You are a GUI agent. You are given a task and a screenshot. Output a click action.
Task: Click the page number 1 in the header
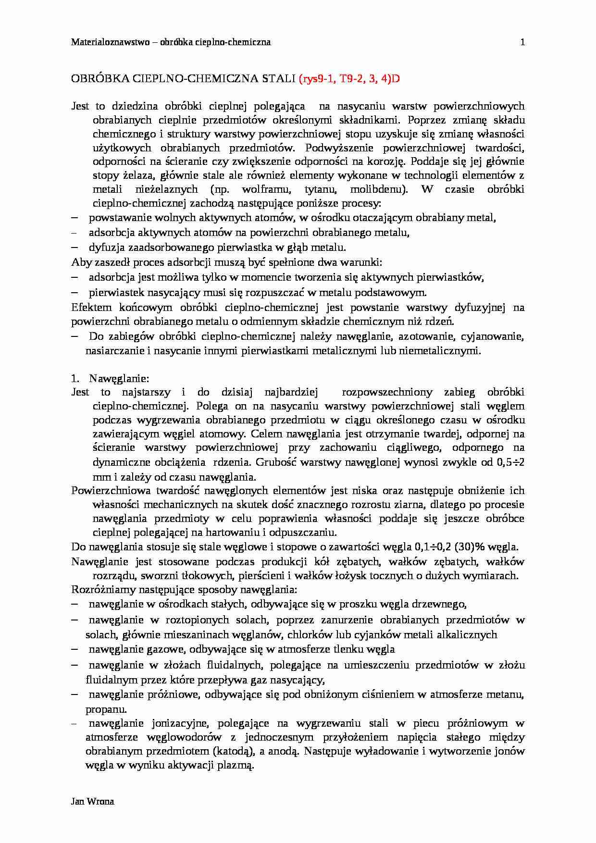pos(522,42)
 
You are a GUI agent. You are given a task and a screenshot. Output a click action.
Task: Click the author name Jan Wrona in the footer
pos(92,801)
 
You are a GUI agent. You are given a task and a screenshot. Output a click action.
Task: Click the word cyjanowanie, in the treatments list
pos(497,336)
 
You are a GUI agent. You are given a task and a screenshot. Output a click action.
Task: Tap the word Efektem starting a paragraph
pos(91,307)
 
